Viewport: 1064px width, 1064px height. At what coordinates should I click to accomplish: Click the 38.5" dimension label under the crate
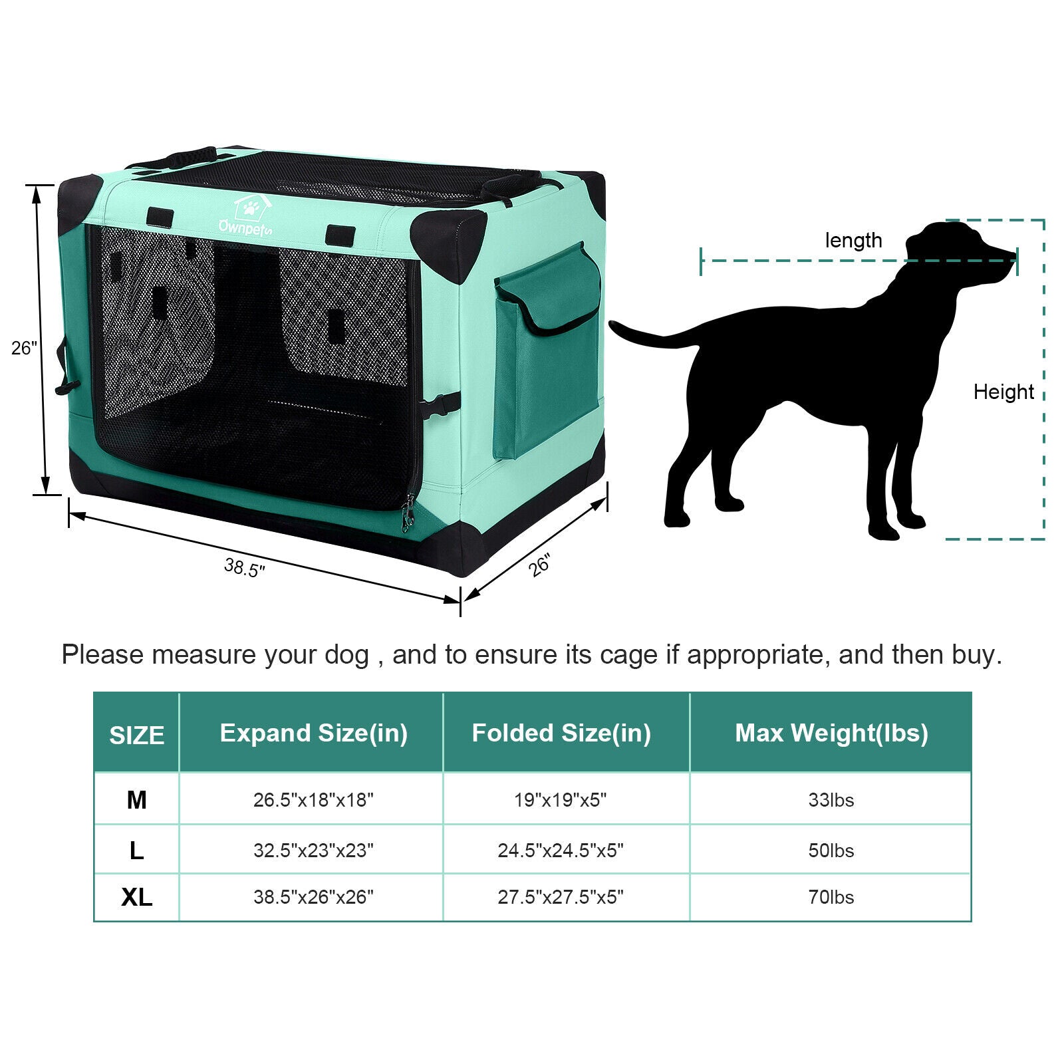click(244, 567)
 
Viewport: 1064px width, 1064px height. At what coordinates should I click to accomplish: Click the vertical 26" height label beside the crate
click(24, 347)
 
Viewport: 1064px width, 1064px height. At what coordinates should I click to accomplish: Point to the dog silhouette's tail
click(648, 336)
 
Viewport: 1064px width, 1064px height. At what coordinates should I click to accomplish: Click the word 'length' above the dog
click(853, 240)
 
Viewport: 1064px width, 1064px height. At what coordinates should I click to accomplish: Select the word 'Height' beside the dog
click(1003, 392)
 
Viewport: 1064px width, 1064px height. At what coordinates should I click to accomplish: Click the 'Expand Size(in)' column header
click(313, 733)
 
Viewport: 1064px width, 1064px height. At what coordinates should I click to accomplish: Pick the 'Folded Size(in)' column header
click(561, 733)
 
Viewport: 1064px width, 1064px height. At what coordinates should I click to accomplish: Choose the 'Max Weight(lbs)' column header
click(831, 733)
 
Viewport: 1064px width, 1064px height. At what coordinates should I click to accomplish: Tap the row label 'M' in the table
click(136, 799)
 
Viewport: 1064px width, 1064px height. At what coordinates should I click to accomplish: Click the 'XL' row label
click(136, 897)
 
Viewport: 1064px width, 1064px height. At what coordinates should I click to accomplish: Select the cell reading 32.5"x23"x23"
click(313, 851)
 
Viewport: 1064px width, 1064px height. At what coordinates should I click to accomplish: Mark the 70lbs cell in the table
click(831, 897)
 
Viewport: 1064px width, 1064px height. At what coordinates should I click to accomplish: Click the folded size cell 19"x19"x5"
click(561, 799)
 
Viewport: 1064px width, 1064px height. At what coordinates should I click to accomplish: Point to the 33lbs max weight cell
click(831, 799)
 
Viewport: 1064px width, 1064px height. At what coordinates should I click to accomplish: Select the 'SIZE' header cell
click(136, 735)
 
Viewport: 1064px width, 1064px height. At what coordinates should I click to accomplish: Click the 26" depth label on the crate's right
click(539, 565)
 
